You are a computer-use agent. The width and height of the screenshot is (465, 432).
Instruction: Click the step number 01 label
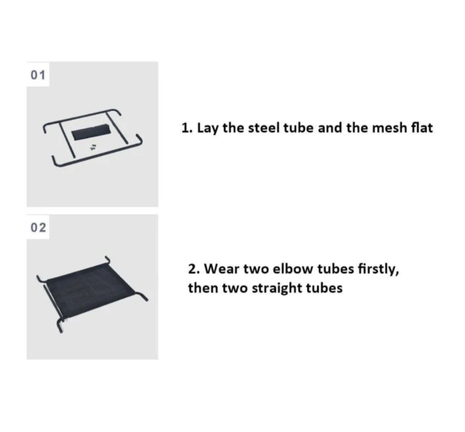[38, 75]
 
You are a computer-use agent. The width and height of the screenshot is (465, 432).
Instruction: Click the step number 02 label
[38, 228]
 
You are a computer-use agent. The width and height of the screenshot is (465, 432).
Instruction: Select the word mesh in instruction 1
[390, 128]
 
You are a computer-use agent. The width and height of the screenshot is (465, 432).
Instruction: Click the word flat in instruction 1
[422, 128]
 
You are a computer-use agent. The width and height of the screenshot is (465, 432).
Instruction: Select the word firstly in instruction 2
[378, 269]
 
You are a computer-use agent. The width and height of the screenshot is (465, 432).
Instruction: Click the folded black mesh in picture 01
[91, 132]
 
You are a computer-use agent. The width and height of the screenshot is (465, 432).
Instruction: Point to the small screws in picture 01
[93, 147]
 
